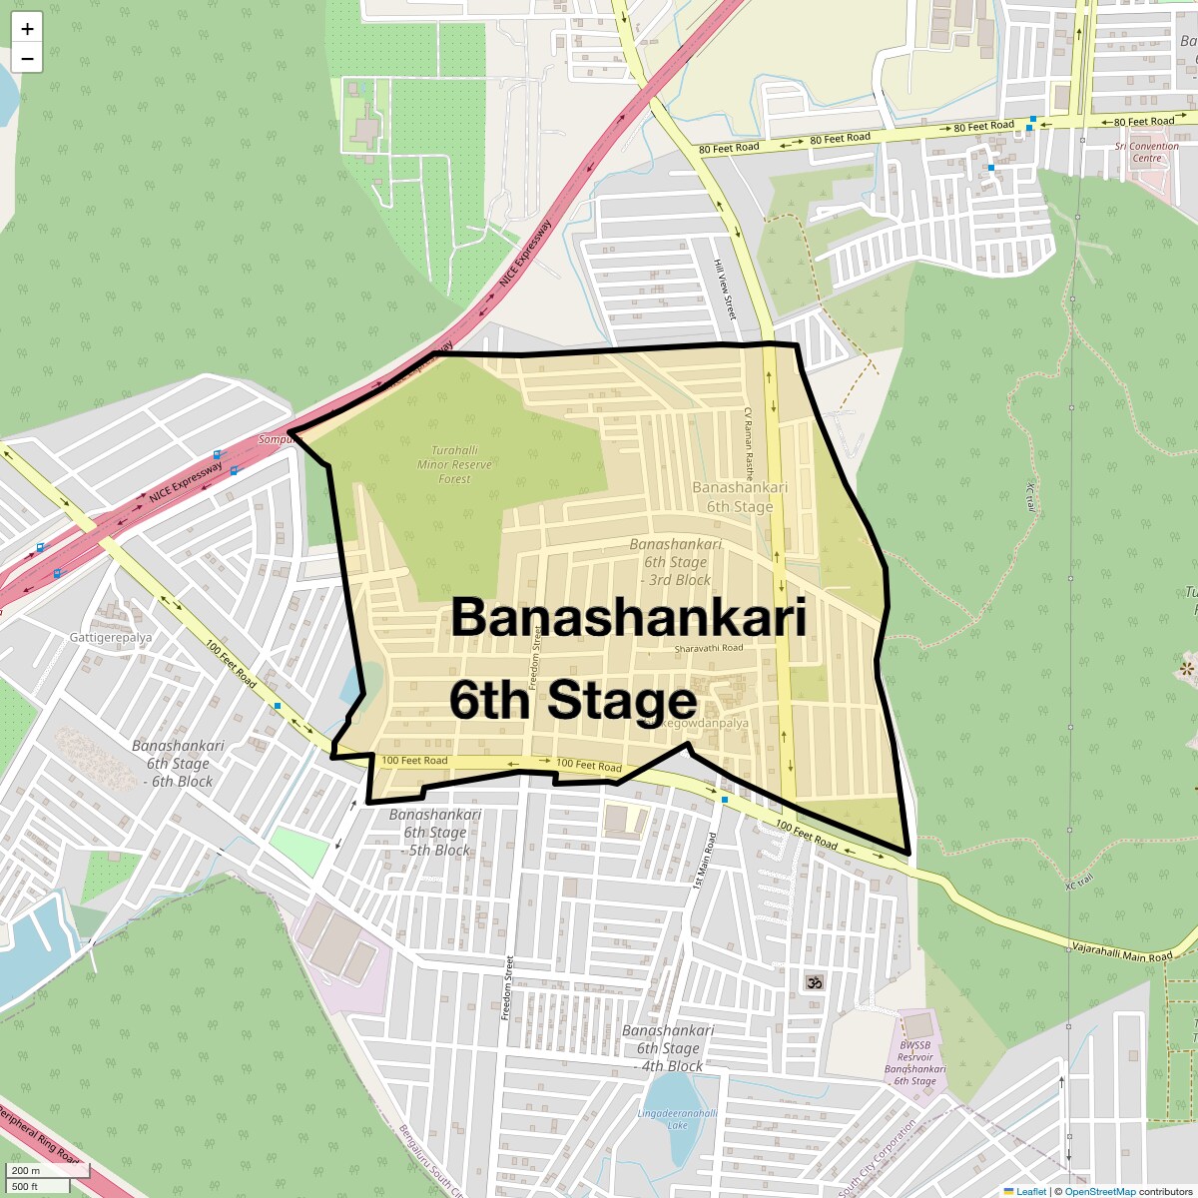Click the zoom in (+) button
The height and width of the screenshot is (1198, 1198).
tap(27, 29)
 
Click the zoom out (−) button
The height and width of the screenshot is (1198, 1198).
tap(27, 58)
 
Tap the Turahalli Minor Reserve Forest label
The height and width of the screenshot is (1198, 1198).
tap(454, 464)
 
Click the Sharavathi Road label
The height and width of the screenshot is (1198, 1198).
tap(709, 648)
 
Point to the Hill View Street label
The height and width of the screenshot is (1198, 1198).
tap(724, 290)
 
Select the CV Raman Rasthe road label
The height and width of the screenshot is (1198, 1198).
tap(748, 444)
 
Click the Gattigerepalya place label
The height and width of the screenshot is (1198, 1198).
tap(111, 637)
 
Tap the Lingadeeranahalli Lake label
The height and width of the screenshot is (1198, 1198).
tap(677, 1119)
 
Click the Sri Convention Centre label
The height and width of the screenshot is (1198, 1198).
tap(1146, 152)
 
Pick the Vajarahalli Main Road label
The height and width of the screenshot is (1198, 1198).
tap(1121, 951)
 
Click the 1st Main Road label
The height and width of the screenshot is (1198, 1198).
tap(704, 861)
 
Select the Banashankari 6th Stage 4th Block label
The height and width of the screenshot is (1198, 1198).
tap(669, 1048)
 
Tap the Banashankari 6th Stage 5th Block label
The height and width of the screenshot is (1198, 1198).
tap(435, 833)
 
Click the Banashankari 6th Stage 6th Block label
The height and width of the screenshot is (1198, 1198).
tap(179, 764)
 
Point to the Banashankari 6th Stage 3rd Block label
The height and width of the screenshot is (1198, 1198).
tap(676, 562)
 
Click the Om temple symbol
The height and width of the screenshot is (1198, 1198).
tap(814, 982)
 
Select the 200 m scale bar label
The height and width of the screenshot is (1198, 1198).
tap(27, 1170)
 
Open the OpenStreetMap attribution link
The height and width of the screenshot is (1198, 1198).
tap(1099, 1191)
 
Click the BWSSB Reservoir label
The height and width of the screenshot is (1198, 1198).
tap(914, 1063)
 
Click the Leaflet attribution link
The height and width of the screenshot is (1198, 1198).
tap(1030, 1191)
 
